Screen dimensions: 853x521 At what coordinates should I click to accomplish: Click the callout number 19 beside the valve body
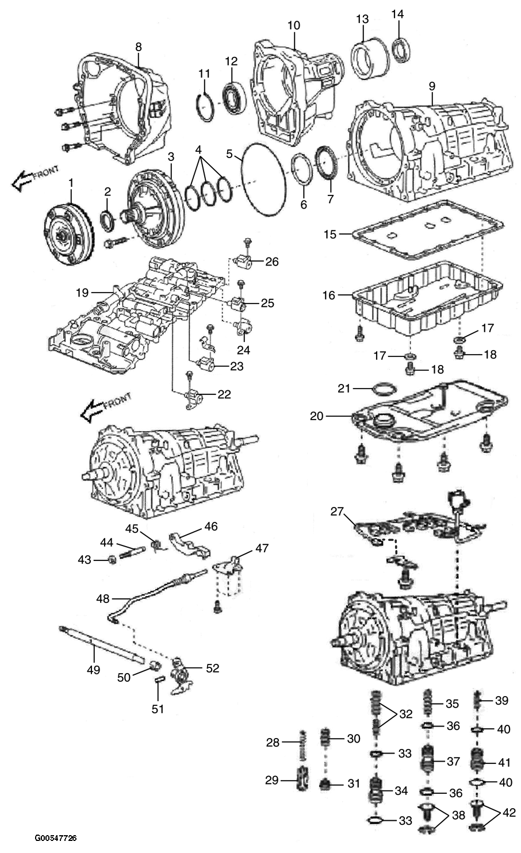click(x=83, y=293)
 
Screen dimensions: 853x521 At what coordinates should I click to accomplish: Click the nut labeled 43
click(x=113, y=558)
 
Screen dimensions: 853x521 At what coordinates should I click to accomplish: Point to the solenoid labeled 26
click(x=244, y=262)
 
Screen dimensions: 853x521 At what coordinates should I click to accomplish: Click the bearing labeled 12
click(x=233, y=95)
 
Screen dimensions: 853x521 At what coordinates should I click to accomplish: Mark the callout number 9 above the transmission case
click(x=431, y=86)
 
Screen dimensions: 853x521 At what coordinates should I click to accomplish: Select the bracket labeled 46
click(x=187, y=544)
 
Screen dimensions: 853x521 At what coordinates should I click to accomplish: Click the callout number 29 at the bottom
click(x=273, y=780)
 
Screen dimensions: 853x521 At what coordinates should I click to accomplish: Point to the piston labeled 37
click(x=431, y=761)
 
